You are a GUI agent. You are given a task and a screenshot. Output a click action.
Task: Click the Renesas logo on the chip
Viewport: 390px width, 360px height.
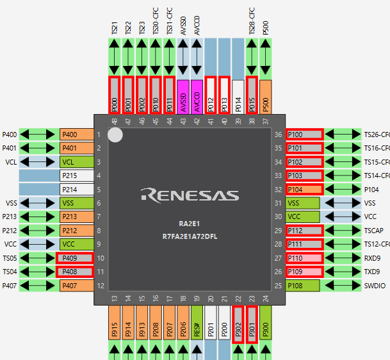pos(190,195)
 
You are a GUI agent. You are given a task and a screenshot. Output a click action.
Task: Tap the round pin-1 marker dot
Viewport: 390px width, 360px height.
pos(115,135)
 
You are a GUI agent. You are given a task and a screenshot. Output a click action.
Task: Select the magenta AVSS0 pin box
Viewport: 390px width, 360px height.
pos(183,97)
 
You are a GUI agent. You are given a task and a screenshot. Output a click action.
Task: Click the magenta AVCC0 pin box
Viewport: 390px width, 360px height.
pos(197,97)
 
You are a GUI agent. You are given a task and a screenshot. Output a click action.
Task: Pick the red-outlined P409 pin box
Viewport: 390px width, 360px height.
pos(75,258)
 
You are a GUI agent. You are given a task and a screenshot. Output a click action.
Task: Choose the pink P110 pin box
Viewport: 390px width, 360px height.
pos(304,258)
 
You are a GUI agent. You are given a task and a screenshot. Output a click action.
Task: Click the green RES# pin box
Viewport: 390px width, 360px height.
pos(197,323)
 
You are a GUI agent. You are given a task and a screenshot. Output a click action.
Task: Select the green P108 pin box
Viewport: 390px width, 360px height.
pos(302,286)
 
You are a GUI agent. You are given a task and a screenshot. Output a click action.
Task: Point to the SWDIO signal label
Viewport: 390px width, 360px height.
pos(375,286)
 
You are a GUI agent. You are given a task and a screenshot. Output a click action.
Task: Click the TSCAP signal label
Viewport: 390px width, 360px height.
pos(374,231)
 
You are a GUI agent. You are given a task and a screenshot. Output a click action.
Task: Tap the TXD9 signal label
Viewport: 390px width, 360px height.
pos(372,272)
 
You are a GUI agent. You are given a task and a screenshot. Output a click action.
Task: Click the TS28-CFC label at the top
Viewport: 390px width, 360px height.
pos(252,21)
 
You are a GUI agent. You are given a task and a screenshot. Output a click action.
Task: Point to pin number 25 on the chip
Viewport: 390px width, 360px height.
pos(278,286)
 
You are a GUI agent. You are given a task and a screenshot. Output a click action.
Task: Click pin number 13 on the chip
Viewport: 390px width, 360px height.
pos(115,299)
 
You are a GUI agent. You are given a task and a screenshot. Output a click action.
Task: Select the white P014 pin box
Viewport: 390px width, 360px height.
pos(238,97)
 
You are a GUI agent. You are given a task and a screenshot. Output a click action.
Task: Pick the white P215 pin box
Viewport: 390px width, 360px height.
pos(77,176)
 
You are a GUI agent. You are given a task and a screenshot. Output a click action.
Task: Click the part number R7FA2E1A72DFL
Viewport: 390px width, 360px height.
pos(190,236)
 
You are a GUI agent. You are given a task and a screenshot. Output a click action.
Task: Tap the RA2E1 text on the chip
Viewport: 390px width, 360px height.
pos(190,224)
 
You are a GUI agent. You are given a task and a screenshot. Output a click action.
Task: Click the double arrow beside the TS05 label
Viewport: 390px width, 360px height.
pos(37,258)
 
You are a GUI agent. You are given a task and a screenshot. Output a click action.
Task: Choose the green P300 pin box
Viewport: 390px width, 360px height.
pos(266,323)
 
